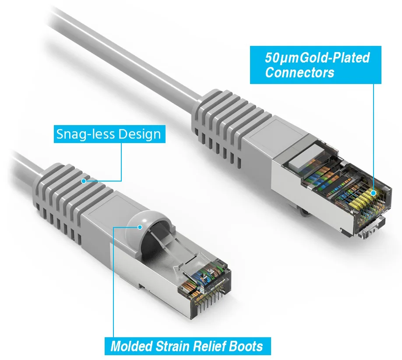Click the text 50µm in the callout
click(282, 58)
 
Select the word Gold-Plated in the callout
click(335, 57)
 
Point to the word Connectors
click(300, 72)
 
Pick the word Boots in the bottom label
click(246, 346)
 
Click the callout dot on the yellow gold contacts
click(373, 192)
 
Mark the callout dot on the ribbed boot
click(84, 181)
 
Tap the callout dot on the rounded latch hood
click(140, 227)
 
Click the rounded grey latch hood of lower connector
click(144, 225)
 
